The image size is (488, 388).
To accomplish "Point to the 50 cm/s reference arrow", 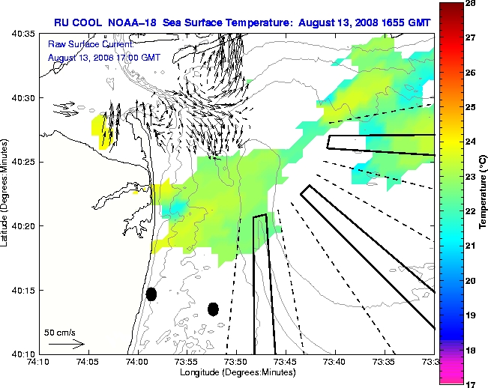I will tap(66, 344).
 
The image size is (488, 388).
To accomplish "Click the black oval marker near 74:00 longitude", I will tap(151, 294).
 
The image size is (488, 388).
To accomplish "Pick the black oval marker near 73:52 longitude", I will tap(213, 309).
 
